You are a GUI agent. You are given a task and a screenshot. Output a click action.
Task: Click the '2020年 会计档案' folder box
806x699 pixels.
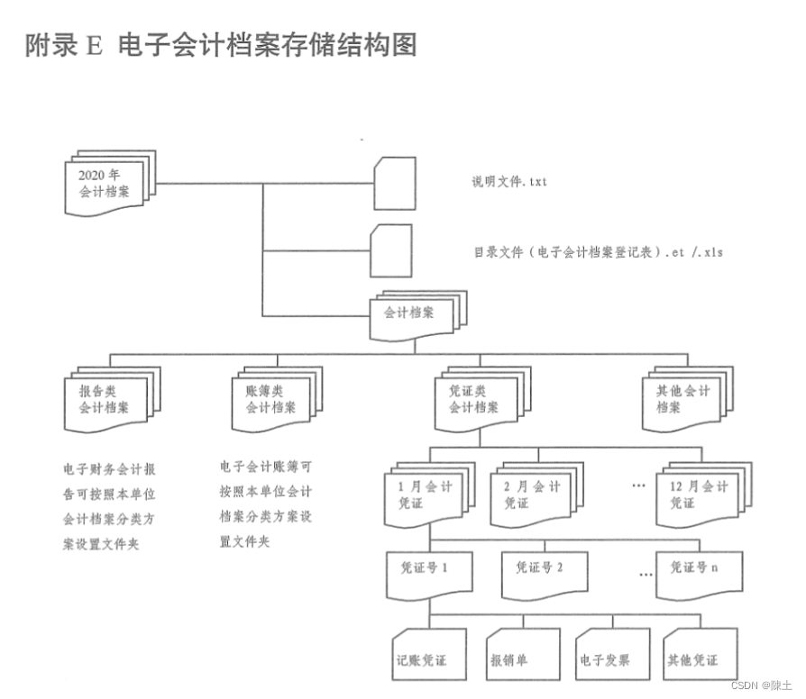[106, 184]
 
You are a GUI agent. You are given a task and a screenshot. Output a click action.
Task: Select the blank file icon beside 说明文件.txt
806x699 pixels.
[395, 183]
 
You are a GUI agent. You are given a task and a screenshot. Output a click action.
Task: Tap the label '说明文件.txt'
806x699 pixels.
[508, 182]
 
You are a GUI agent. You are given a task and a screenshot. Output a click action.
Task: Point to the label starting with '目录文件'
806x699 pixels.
[598, 252]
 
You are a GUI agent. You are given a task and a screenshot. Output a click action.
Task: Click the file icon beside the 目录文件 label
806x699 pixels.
[391, 250]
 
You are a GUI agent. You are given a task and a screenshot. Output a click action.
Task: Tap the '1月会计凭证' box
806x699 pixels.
[426, 495]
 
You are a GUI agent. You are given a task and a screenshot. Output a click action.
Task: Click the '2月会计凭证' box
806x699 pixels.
[532, 495]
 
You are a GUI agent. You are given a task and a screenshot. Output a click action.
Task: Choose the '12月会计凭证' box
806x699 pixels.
[700, 495]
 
